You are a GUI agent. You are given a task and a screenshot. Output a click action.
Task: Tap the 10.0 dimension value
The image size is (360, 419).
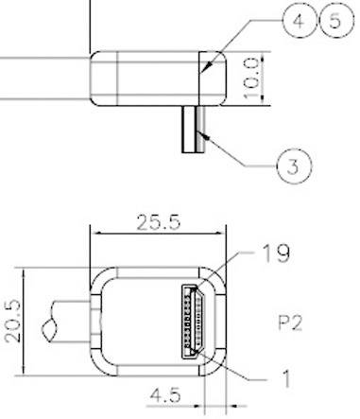coord(278,77)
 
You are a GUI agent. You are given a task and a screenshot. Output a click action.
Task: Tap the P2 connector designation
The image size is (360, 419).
coord(290,322)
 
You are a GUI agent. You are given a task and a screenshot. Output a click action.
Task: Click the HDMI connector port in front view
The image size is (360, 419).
coord(197,320)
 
